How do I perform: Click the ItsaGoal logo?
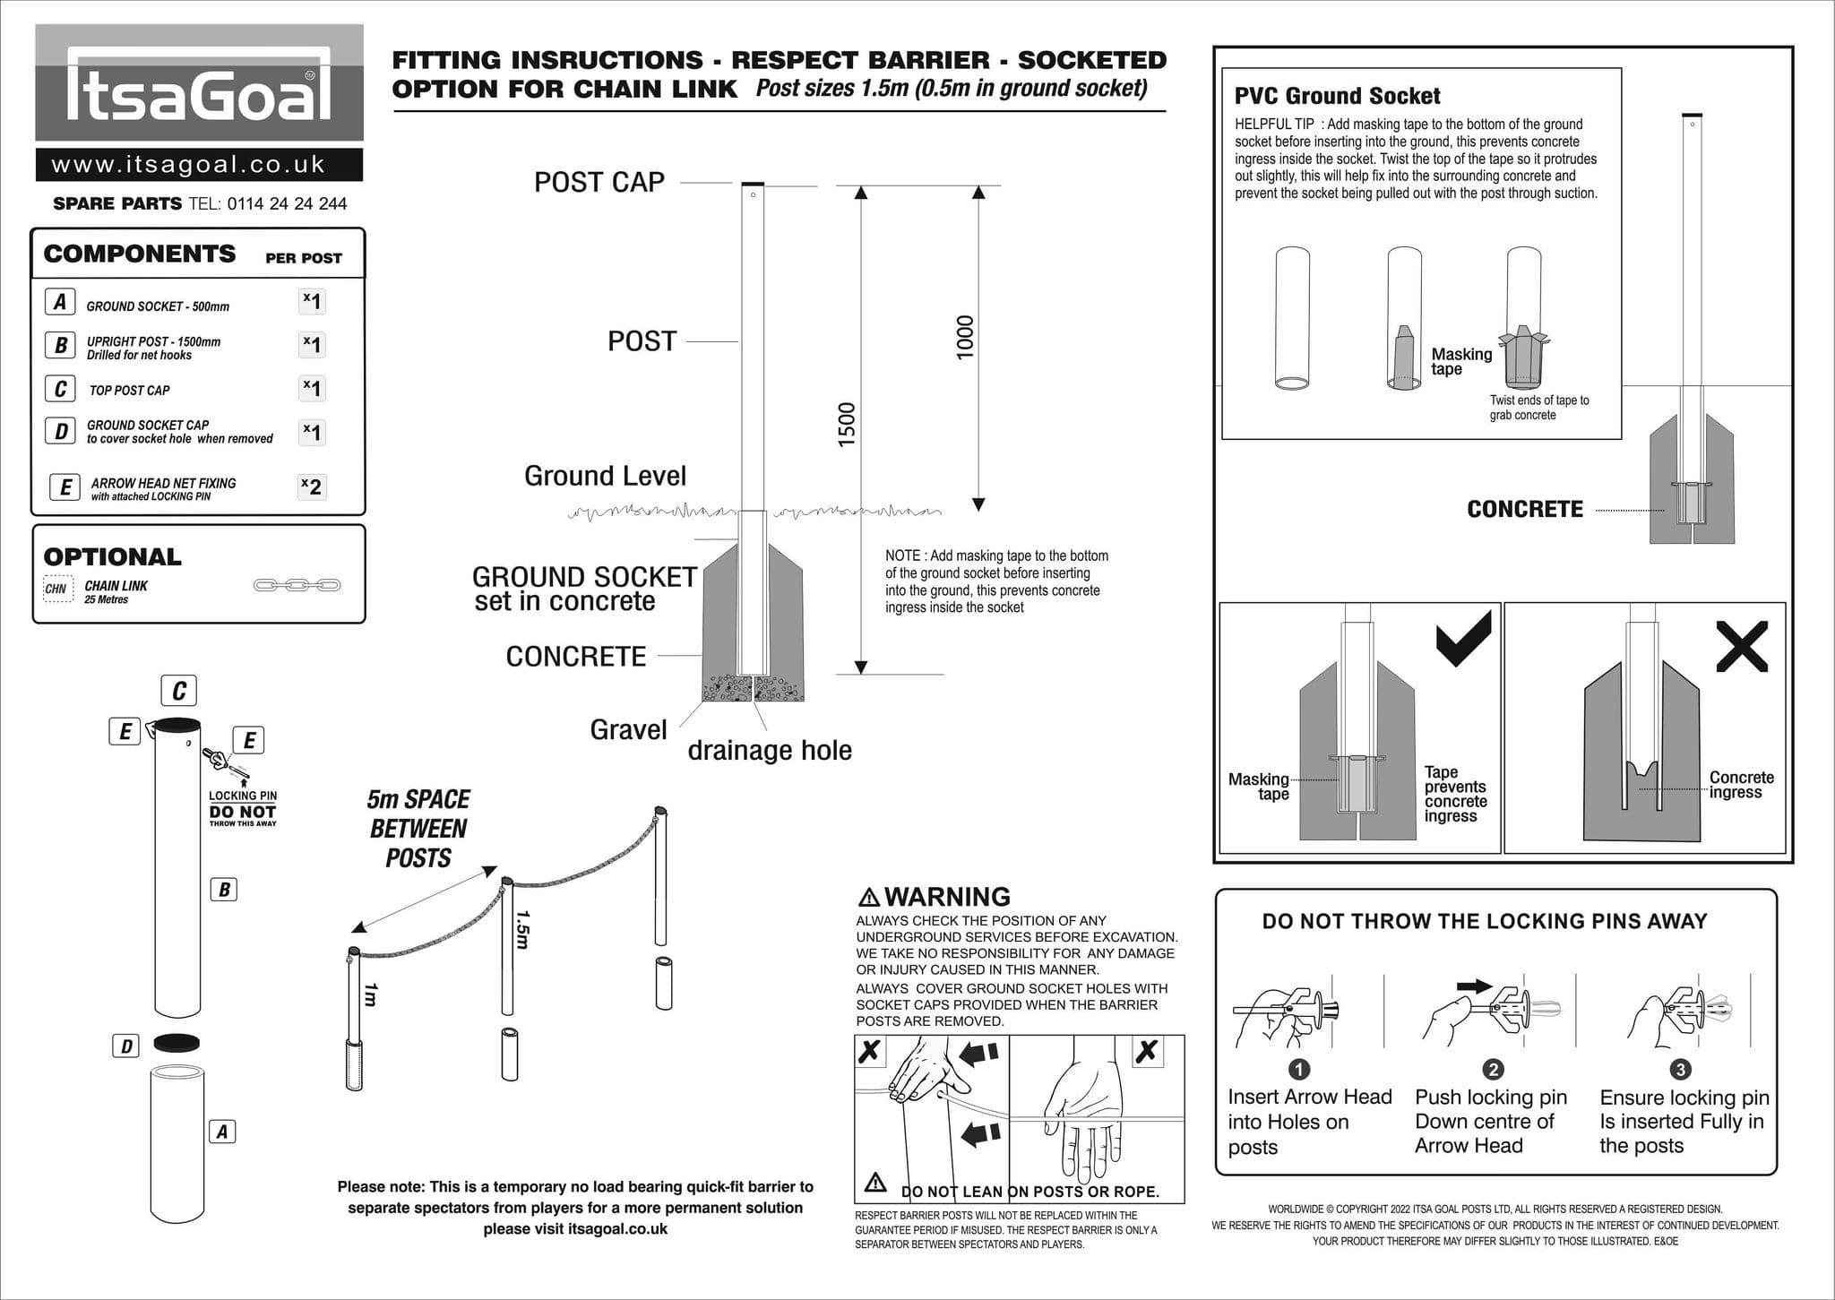click(199, 83)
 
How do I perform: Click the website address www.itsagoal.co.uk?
click(188, 165)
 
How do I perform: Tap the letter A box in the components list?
click(60, 302)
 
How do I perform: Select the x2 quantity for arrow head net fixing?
click(311, 486)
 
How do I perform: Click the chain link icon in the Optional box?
click(297, 585)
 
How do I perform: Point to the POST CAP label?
click(599, 183)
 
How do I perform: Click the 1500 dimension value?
click(847, 424)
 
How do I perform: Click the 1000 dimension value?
click(964, 337)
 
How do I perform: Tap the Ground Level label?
click(605, 476)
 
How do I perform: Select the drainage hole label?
click(769, 750)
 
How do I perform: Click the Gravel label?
click(628, 730)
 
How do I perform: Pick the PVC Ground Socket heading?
click(1337, 96)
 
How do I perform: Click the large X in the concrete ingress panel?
click(1742, 646)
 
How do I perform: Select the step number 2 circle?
click(1493, 1069)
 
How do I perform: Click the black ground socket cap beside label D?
click(177, 1043)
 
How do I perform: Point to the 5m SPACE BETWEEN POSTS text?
click(418, 829)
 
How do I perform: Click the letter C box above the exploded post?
click(178, 691)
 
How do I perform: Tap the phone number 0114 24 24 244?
click(287, 204)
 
